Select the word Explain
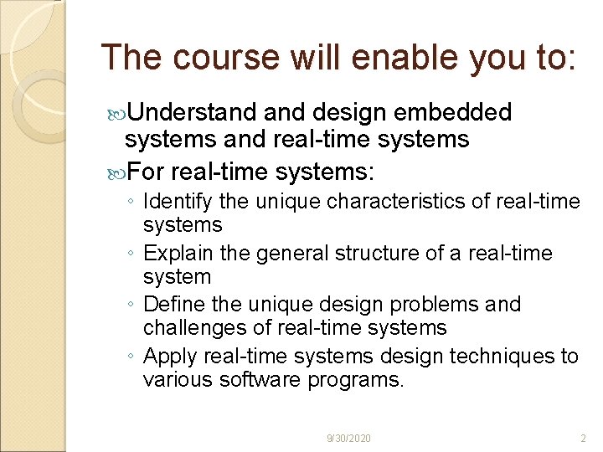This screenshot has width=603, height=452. pos(175,253)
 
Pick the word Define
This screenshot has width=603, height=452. pos(171,304)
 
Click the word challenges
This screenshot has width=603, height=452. pos(188,328)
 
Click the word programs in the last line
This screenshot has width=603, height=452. pos(361,381)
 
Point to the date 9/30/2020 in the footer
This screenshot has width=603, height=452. pos(349,439)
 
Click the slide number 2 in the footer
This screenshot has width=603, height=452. pos(583,439)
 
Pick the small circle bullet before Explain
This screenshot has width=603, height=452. pos(132,254)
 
